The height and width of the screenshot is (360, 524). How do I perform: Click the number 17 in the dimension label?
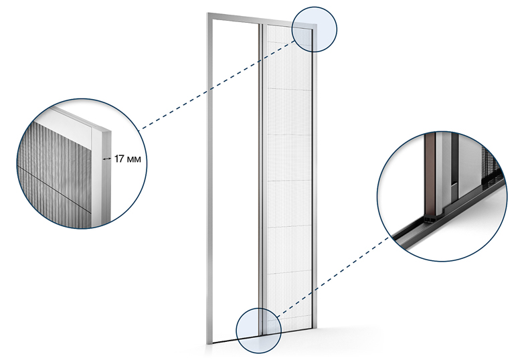pos(119,159)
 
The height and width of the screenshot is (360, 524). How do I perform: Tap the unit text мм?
pos(133,159)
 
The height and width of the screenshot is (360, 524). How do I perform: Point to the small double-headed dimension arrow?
pos(107,159)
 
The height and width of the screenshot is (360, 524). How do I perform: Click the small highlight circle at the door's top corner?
pos(315,29)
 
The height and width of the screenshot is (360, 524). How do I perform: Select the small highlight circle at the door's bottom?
pos(259,331)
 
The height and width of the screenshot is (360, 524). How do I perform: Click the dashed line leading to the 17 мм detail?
pos(217,84)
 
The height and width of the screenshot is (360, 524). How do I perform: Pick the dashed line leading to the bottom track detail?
pos(333,277)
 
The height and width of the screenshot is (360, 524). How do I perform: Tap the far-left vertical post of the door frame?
pos(210,181)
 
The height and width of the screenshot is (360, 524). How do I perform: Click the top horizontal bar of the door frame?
pos(262,19)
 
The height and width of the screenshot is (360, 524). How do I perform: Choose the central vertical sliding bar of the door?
pos(261,181)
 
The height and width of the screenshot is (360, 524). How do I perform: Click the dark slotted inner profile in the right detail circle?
pos(454,167)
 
